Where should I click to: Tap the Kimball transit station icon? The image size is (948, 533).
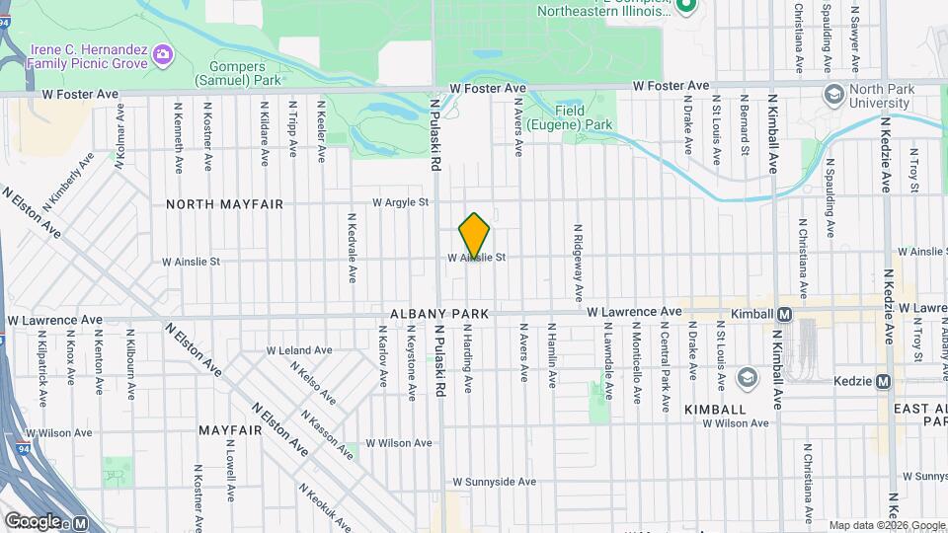(x=785, y=314)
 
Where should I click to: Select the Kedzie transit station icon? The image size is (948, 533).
(x=883, y=381)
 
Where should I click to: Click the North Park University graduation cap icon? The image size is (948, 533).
(x=832, y=93)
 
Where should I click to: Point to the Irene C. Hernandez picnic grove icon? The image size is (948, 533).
(x=163, y=51)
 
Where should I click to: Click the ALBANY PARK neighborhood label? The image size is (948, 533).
(x=439, y=313)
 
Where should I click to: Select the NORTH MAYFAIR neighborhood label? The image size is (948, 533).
(x=225, y=204)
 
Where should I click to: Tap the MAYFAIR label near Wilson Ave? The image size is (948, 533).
(x=229, y=430)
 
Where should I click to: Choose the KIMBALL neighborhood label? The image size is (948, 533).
(x=714, y=409)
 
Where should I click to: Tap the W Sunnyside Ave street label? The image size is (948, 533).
(x=495, y=482)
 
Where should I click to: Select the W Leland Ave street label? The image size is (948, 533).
(x=299, y=350)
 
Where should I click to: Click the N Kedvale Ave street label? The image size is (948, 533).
(x=351, y=248)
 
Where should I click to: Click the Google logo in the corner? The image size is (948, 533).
(x=33, y=521)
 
